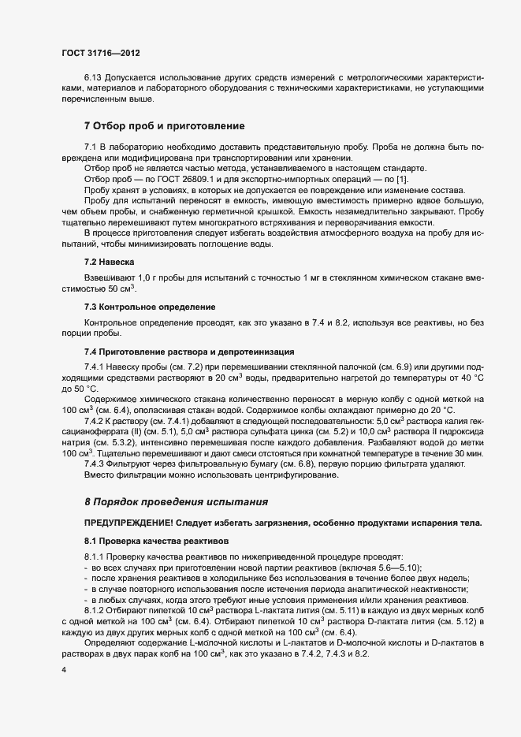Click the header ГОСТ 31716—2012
pyautogui.click(x=101, y=53)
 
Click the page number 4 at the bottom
pyautogui.click(x=63, y=670)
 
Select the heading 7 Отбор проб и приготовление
pyautogui.click(x=165, y=126)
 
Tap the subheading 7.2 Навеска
pyautogui.click(x=110, y=260)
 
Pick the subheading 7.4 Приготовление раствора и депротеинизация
pyautogui.click(x=189, y=351)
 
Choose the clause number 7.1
pyautogui.click(x=90, y=147)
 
